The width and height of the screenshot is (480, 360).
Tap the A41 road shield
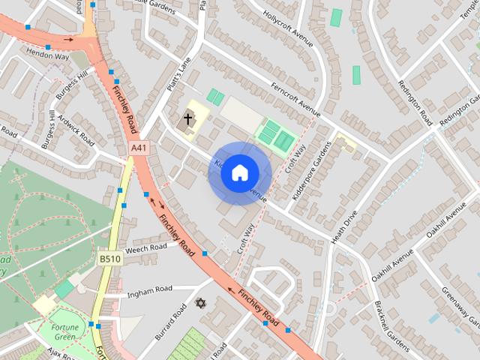click(x=138, y=148)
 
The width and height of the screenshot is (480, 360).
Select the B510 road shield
click(x=109, y=259)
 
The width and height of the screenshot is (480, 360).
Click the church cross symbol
click(x=187, y=118)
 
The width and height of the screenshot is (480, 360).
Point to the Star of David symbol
click(x=199, y=303)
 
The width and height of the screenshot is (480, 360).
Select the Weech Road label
click(x=146, y=247)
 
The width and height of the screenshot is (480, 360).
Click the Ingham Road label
click(x=150, y=289)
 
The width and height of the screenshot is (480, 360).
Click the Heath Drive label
click(x=344, y=226)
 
